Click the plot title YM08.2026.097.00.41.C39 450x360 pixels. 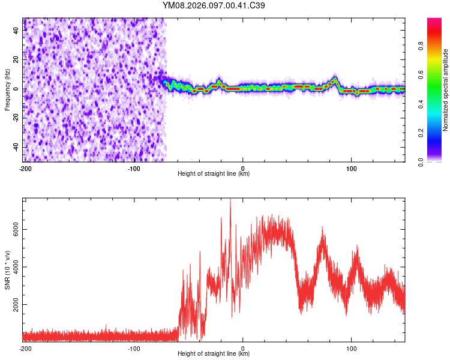(x=214, y=5)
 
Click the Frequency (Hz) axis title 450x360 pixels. (x=7, y=90)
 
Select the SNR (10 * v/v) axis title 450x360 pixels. (x=7, y=270)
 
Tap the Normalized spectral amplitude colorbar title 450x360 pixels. (x=445, y=90)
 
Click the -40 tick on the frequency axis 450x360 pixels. (x=16, y=147)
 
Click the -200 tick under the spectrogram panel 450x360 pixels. (x=25, y=169)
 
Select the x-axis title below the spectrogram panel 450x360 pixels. (x=214, y=174)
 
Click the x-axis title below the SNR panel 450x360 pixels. (x=214, y=354)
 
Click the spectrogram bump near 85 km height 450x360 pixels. (x=335, y=80)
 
